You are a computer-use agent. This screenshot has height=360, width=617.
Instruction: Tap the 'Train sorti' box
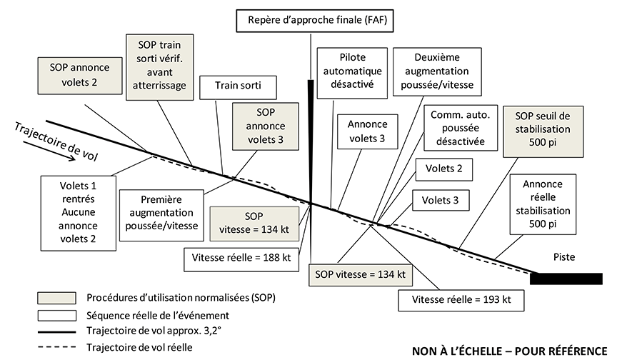pos(238,87)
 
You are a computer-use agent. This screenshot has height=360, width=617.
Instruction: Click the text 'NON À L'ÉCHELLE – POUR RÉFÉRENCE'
pos(508,351)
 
